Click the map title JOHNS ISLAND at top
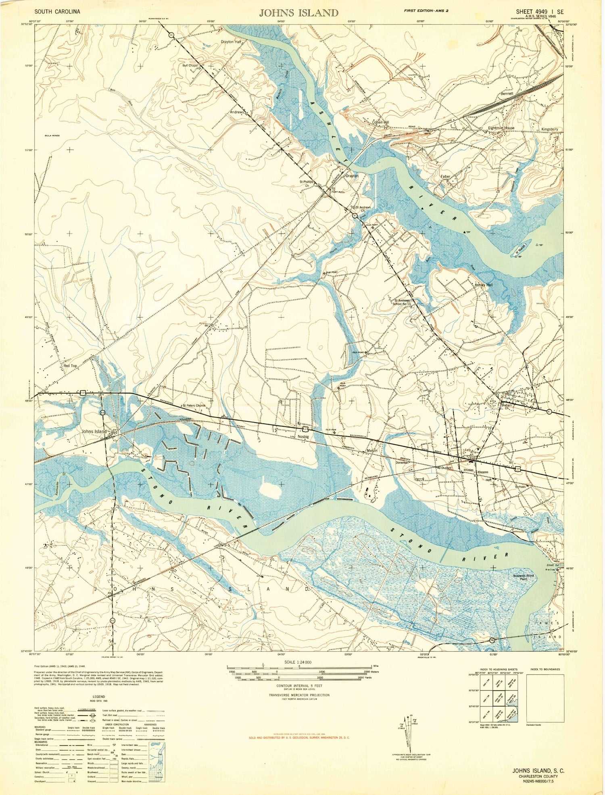coord(298,13)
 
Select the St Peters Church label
coord(194,405)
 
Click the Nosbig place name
coord(303,436)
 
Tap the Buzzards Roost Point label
coord(524,577)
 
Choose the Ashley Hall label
coord(484,284)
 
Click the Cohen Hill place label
coord(380,122)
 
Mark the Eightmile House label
coord(501,128)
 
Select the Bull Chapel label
coord(190,65)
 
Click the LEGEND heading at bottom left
coord(98,696)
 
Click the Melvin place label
coord(372,451)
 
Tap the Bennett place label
coord(507,93)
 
